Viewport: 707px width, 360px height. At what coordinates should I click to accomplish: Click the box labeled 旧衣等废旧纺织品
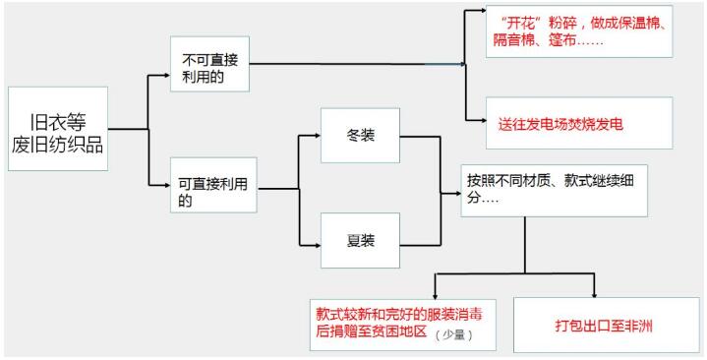coord(57,129)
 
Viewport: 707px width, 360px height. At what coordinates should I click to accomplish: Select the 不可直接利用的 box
coord(208,66)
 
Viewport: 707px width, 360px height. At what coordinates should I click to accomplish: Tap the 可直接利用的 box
coord(208,183)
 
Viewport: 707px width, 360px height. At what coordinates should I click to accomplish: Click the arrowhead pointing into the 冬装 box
coord(317,137)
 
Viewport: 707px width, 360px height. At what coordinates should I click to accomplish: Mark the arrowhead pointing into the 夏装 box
coord(317,239)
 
